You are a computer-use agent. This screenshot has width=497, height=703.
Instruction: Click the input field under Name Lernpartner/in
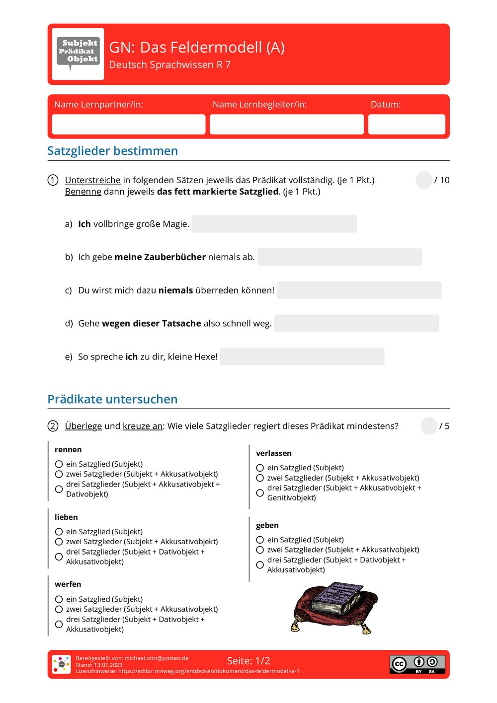[128, 124]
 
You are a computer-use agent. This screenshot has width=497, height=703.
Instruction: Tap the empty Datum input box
[406, 124]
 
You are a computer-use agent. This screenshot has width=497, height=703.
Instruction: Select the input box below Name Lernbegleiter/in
[286, 124]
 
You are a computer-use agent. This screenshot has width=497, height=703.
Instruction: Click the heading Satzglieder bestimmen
[112, 151]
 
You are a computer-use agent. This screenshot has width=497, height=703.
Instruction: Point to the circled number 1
[53, 180]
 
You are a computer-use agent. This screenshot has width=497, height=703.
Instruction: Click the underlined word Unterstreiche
[92, 180]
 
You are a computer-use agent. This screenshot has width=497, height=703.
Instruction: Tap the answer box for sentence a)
[274, 224]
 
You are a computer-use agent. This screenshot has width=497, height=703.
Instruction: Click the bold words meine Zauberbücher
[160, 257]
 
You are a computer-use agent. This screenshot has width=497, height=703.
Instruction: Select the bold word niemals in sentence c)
[175, 290]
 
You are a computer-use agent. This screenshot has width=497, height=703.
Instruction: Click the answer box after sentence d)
[356, 324]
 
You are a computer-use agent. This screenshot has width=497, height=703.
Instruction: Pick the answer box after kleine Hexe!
[302, 356]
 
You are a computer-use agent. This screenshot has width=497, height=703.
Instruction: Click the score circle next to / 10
[423, 180]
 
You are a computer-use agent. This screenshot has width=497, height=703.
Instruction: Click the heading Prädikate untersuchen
[112, 399]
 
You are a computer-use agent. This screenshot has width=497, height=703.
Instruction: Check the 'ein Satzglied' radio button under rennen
[59, 464]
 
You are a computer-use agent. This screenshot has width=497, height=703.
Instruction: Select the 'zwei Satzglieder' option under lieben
[59, 542]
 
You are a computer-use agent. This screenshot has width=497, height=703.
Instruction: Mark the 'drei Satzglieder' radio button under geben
[260, 565]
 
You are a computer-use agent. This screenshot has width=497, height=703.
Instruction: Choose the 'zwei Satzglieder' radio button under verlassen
[260, 478]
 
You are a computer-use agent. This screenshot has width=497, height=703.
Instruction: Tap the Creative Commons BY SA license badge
[417, 664]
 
